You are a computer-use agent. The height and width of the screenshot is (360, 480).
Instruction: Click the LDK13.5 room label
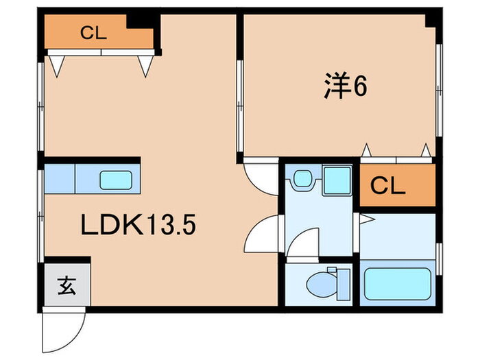[138, 224]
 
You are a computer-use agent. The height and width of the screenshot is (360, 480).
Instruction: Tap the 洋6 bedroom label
[346, 86]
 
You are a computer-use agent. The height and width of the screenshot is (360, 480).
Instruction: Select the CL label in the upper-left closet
[93, 33]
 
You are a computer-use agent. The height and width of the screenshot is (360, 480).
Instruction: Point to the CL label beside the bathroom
[387, 186]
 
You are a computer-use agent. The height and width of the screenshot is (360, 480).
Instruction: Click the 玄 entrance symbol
[67, 286]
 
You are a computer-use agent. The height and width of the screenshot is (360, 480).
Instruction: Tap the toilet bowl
[322, 285]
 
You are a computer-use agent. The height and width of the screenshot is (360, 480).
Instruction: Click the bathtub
[397, 283]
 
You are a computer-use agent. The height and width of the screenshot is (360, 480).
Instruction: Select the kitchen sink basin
[116, 180]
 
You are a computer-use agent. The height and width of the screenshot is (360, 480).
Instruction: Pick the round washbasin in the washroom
[303, 178]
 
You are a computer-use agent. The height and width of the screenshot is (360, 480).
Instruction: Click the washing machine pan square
[337, 180]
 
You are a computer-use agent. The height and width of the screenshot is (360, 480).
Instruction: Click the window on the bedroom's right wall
[439, 91]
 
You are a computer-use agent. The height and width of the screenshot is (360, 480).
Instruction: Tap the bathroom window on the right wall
[439, 259]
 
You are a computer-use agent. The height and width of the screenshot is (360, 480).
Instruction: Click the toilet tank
[344, 285]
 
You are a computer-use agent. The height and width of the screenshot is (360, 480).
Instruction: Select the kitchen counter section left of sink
[60, 179]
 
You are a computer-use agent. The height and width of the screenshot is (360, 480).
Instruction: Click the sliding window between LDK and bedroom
[240, 106]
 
